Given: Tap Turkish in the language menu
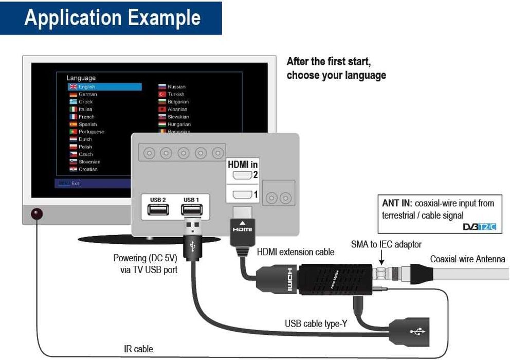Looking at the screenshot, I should [x=176, y=94].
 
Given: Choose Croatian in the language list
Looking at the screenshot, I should [x=88, y=169].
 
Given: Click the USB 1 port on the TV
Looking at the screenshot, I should [x=190, y=211].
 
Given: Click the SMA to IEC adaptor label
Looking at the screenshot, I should [x=386, y=244].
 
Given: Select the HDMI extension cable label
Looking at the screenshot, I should [x=295, y=252].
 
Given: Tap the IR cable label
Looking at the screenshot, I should [x=138, y=349].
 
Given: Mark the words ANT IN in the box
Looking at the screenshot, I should [x=397, y=203].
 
